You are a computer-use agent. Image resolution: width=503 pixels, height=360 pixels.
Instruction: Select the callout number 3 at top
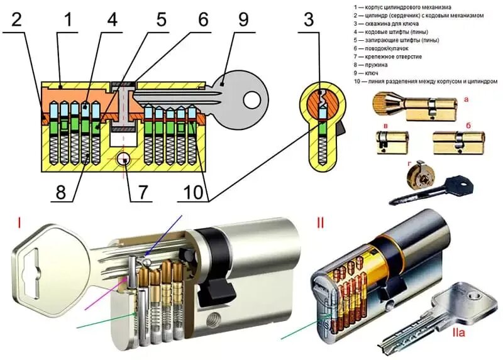pos(308,19)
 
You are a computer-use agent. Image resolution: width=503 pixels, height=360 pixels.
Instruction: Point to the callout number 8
pos(61,191)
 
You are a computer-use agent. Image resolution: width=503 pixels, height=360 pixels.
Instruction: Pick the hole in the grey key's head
pos(251,98)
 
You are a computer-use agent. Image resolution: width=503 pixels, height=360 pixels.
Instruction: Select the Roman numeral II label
pos(321,222)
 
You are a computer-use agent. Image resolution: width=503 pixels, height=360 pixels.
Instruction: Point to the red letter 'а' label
pos(466,99)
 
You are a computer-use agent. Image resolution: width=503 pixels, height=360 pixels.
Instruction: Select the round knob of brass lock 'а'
pos(382,102)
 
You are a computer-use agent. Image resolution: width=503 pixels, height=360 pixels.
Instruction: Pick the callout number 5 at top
pos(162,19)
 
